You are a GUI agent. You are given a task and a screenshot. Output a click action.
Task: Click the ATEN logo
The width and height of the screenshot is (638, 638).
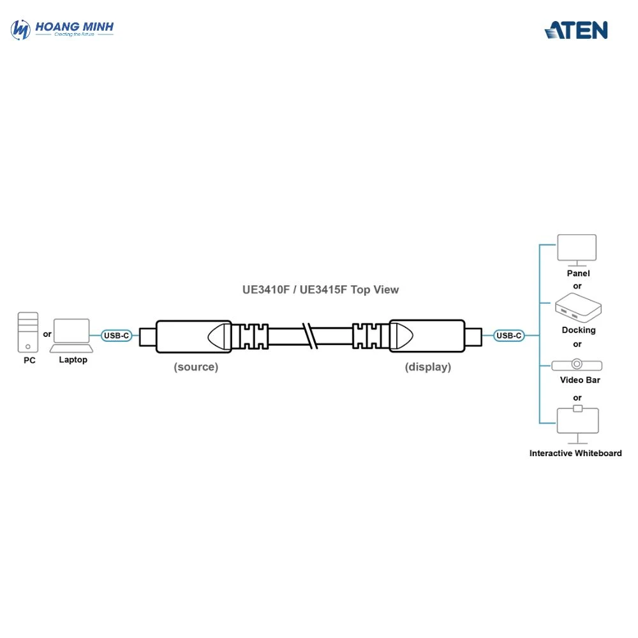[575, 30]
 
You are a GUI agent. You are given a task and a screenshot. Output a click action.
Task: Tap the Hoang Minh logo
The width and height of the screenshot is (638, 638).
[63, 29]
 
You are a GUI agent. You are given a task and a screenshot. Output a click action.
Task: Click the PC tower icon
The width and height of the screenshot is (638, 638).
[28, 332]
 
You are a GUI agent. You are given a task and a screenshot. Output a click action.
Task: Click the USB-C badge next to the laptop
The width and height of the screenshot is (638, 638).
[117, 335]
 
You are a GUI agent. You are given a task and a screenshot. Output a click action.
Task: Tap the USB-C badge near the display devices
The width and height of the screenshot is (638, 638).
[509, 335]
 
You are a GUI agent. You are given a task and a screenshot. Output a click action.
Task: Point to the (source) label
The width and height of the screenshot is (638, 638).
[196, 367]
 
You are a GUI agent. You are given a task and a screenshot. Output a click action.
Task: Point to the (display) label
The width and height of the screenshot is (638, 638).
[427, 367]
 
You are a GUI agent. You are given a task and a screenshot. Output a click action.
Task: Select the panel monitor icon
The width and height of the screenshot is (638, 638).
[577, 249]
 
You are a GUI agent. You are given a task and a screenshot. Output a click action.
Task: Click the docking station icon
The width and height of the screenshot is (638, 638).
[577, 308]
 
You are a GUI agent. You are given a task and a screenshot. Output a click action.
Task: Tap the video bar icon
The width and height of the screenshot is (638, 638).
[577, 365]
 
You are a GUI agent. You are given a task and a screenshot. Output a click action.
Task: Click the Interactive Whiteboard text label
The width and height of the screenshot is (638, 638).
[575, 454]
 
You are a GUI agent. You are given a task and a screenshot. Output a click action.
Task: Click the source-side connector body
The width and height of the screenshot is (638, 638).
[193, 335]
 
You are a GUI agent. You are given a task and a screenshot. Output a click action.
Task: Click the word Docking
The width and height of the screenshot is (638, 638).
[579, 330]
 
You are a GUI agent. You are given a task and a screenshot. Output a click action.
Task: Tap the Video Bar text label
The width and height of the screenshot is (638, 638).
[580, 380]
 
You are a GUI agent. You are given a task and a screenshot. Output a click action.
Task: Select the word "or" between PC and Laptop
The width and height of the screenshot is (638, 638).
[47, 334]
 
